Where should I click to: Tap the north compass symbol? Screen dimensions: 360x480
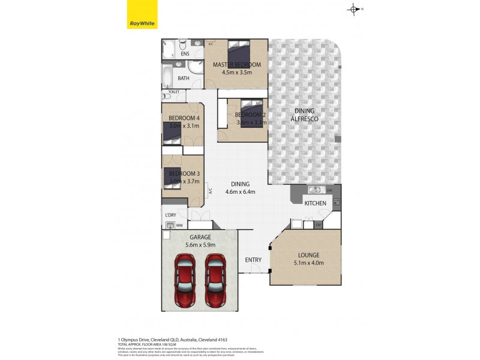pyautogui.click(x=354, y=8)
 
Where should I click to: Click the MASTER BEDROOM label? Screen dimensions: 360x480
pyautogui.click(x=236, y=65)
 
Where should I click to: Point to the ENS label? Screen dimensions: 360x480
pyautogui.click(x=185, y=54)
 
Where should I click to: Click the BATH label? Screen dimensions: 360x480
pyautogui.click(x=184, y=78)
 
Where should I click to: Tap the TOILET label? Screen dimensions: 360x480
pyautogui.click(x=173, y=92)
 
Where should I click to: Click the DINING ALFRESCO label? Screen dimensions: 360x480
pyautogui.click(x=305, y=115)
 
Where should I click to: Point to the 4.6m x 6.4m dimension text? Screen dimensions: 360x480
pyautogui.click(x=240, y=192)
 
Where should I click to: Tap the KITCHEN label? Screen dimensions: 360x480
pyautogui.click(x=315, y=203)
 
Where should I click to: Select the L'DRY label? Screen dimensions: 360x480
pyautogui.click(x=170, y=215)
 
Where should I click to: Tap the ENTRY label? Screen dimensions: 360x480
pyautogui.click(x=253, y=260)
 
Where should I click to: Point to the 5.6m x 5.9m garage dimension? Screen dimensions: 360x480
pyautogui.click(x=200, y=245)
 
